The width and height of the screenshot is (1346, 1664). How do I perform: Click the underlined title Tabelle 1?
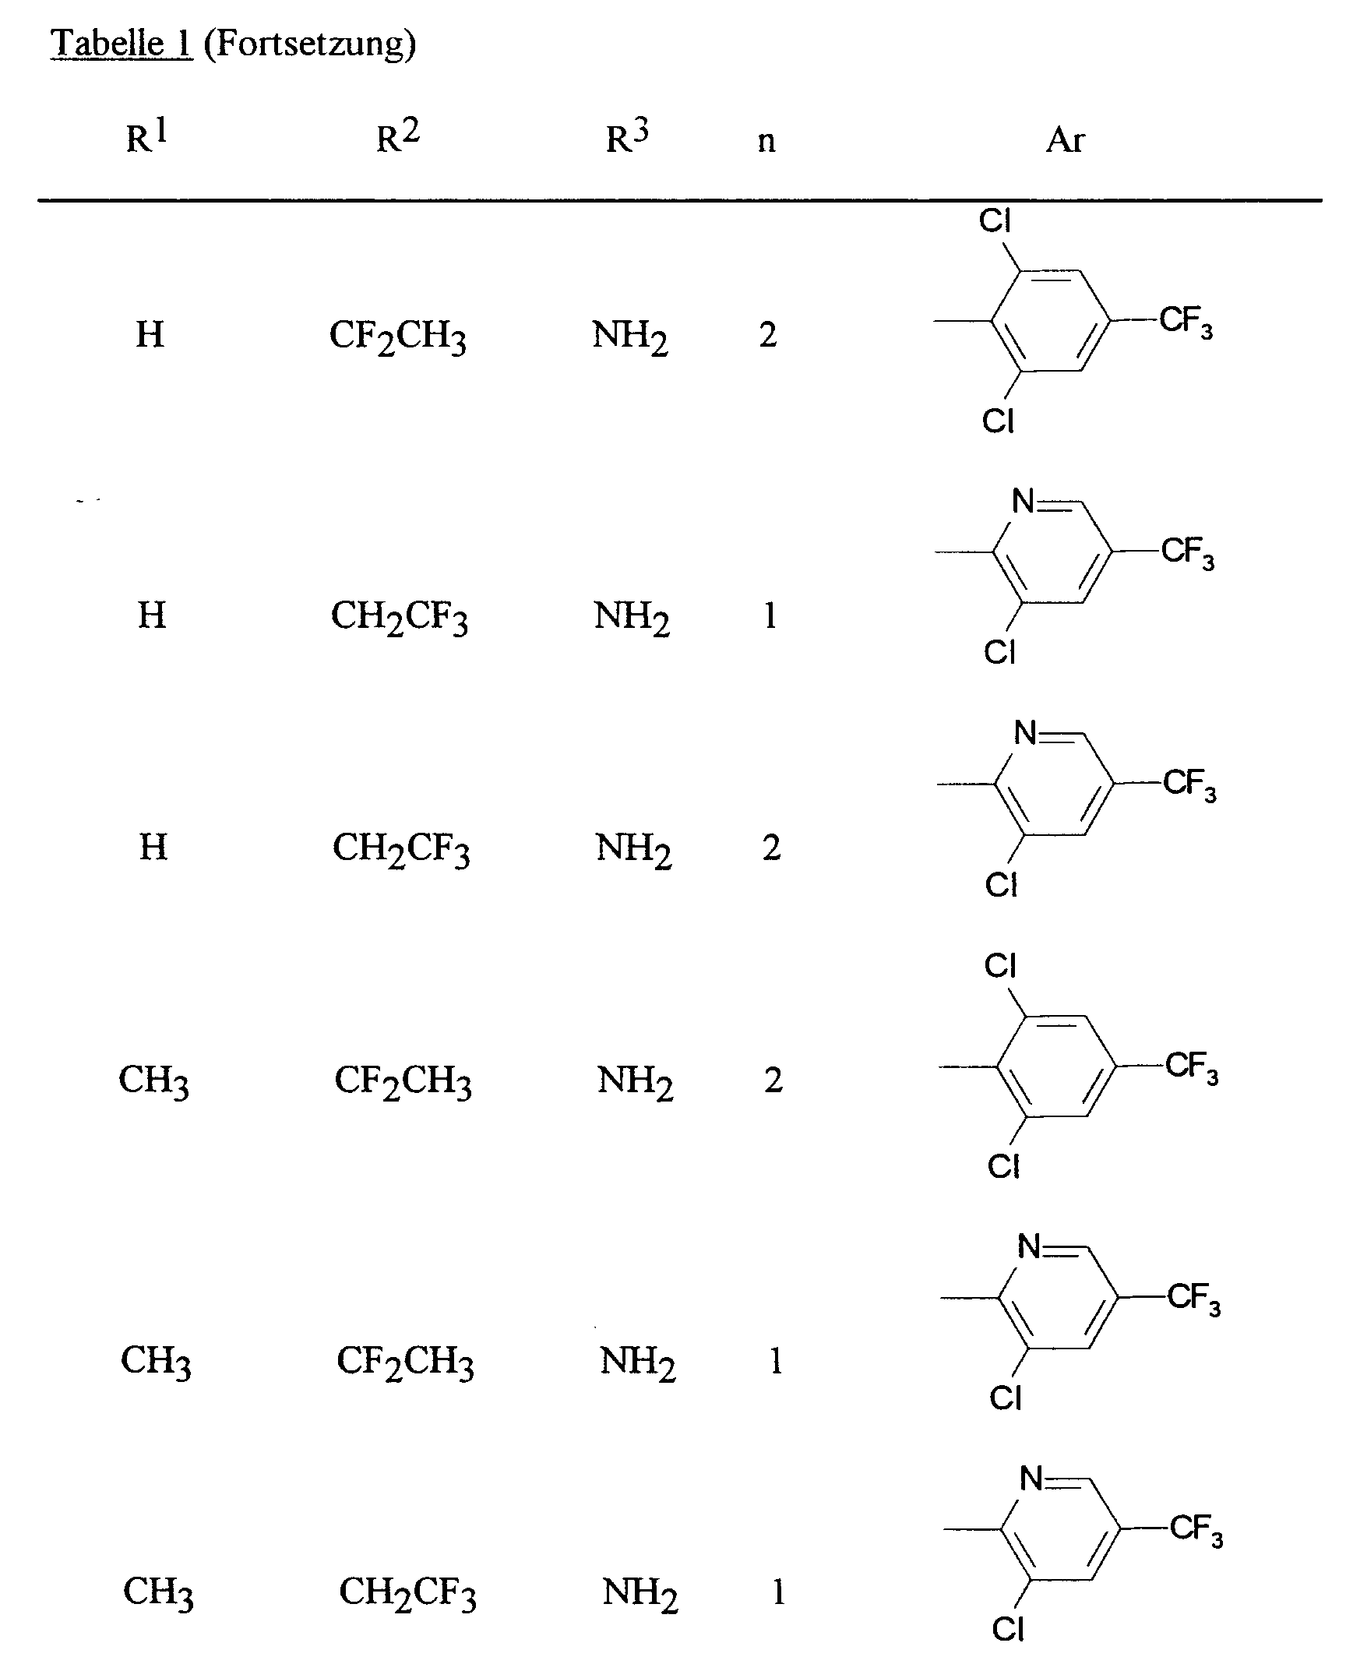pos(121,43)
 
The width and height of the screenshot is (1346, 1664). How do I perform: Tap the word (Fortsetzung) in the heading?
pos(310,44)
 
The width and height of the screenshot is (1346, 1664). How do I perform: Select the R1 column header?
pos(146,137)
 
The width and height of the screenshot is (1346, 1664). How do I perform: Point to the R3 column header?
pos(627,137)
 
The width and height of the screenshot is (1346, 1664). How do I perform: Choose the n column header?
pos(766,141)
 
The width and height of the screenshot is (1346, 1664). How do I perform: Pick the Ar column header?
pos(1065,139)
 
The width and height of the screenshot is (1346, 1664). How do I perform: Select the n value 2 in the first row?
pos(768,335)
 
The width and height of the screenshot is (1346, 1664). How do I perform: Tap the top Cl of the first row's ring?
pos(995,221)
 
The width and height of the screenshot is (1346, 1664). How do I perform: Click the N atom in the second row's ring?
pos(1023,502)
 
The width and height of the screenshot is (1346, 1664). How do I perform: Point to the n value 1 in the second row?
pos(770,615)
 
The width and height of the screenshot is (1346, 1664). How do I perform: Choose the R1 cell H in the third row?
pos(153,847)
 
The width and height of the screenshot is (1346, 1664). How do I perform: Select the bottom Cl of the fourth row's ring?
pos(1002,1166)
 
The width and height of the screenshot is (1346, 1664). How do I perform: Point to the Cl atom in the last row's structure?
pos(1007,1629)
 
